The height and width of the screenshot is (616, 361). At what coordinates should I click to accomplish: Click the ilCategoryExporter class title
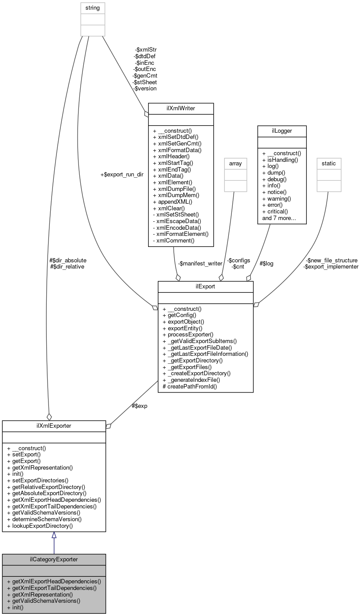pos(54,559)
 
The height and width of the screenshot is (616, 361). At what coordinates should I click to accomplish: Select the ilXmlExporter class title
pos(54,426)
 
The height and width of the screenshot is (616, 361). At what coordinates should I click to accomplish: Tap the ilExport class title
pos(205,287)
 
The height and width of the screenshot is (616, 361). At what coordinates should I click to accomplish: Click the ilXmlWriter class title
pos(181,108)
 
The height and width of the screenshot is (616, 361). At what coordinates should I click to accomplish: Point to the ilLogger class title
pos(282,131)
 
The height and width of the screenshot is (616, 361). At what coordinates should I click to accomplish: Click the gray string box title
pos(93,8)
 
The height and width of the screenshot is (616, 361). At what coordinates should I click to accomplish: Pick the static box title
pos(329,163)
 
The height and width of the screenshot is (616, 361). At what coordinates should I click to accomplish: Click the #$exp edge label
pos(140,406)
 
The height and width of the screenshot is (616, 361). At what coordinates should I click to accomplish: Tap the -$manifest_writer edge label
pos(200,263)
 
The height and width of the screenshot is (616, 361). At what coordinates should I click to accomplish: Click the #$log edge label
pos(266,263)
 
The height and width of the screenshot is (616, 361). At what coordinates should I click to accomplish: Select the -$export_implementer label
pos(331,267)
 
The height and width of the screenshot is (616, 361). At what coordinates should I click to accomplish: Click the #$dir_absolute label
pos(68,260)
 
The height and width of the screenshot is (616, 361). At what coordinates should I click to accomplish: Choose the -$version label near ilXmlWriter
pos(145,88)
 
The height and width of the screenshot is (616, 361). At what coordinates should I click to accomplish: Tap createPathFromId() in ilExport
pos(190,386)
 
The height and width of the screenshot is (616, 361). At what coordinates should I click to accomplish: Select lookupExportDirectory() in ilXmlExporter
pos(40,526)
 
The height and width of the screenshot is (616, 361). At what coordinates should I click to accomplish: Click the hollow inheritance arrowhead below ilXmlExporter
pos(54,535)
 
